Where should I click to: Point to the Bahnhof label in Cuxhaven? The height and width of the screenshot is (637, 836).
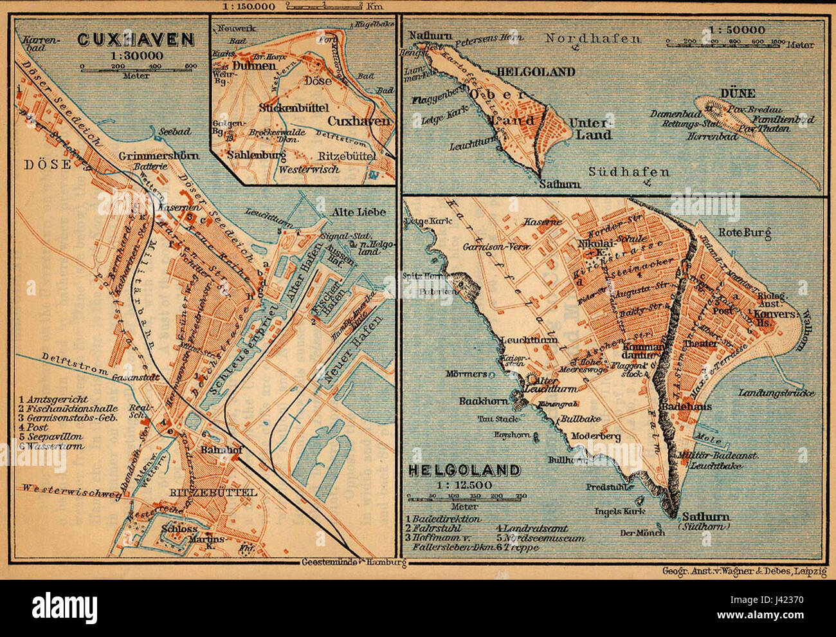[x=221, y=450]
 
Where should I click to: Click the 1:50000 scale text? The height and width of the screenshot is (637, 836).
[x=738, y=29]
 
